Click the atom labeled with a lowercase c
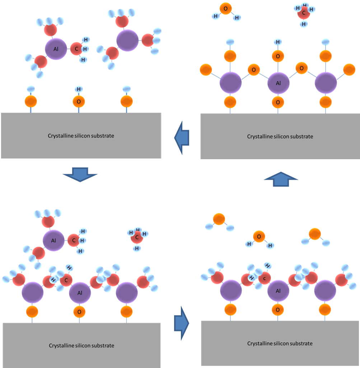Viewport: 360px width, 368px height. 265,278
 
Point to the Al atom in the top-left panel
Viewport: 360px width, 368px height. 56,49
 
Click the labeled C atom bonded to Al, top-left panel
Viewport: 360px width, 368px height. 76,49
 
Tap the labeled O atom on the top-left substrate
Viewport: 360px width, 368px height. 79,102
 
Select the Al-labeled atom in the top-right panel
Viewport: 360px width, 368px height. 278,83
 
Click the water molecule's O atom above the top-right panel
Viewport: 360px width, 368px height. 225,9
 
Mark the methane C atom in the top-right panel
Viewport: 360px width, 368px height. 304,14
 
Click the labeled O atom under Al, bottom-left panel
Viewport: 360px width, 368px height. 79,312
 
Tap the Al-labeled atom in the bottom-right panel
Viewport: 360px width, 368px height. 278,291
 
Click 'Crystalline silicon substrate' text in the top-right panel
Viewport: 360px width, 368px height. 280,137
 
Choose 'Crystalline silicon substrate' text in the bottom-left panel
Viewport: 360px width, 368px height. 81,345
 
